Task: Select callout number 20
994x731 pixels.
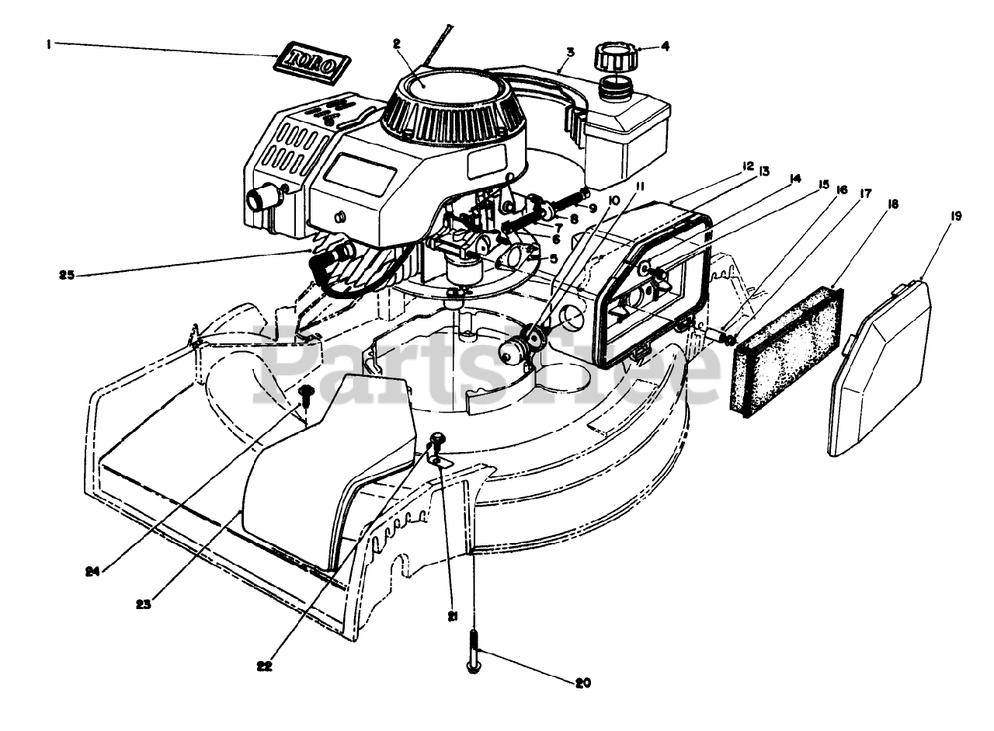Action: (583, 684)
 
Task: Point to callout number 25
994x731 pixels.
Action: (66, 273)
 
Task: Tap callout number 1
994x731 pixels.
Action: (48, 45)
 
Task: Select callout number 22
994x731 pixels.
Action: (265, 665)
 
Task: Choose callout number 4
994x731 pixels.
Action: (665, 46)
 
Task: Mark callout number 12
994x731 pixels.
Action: (726, 165)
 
